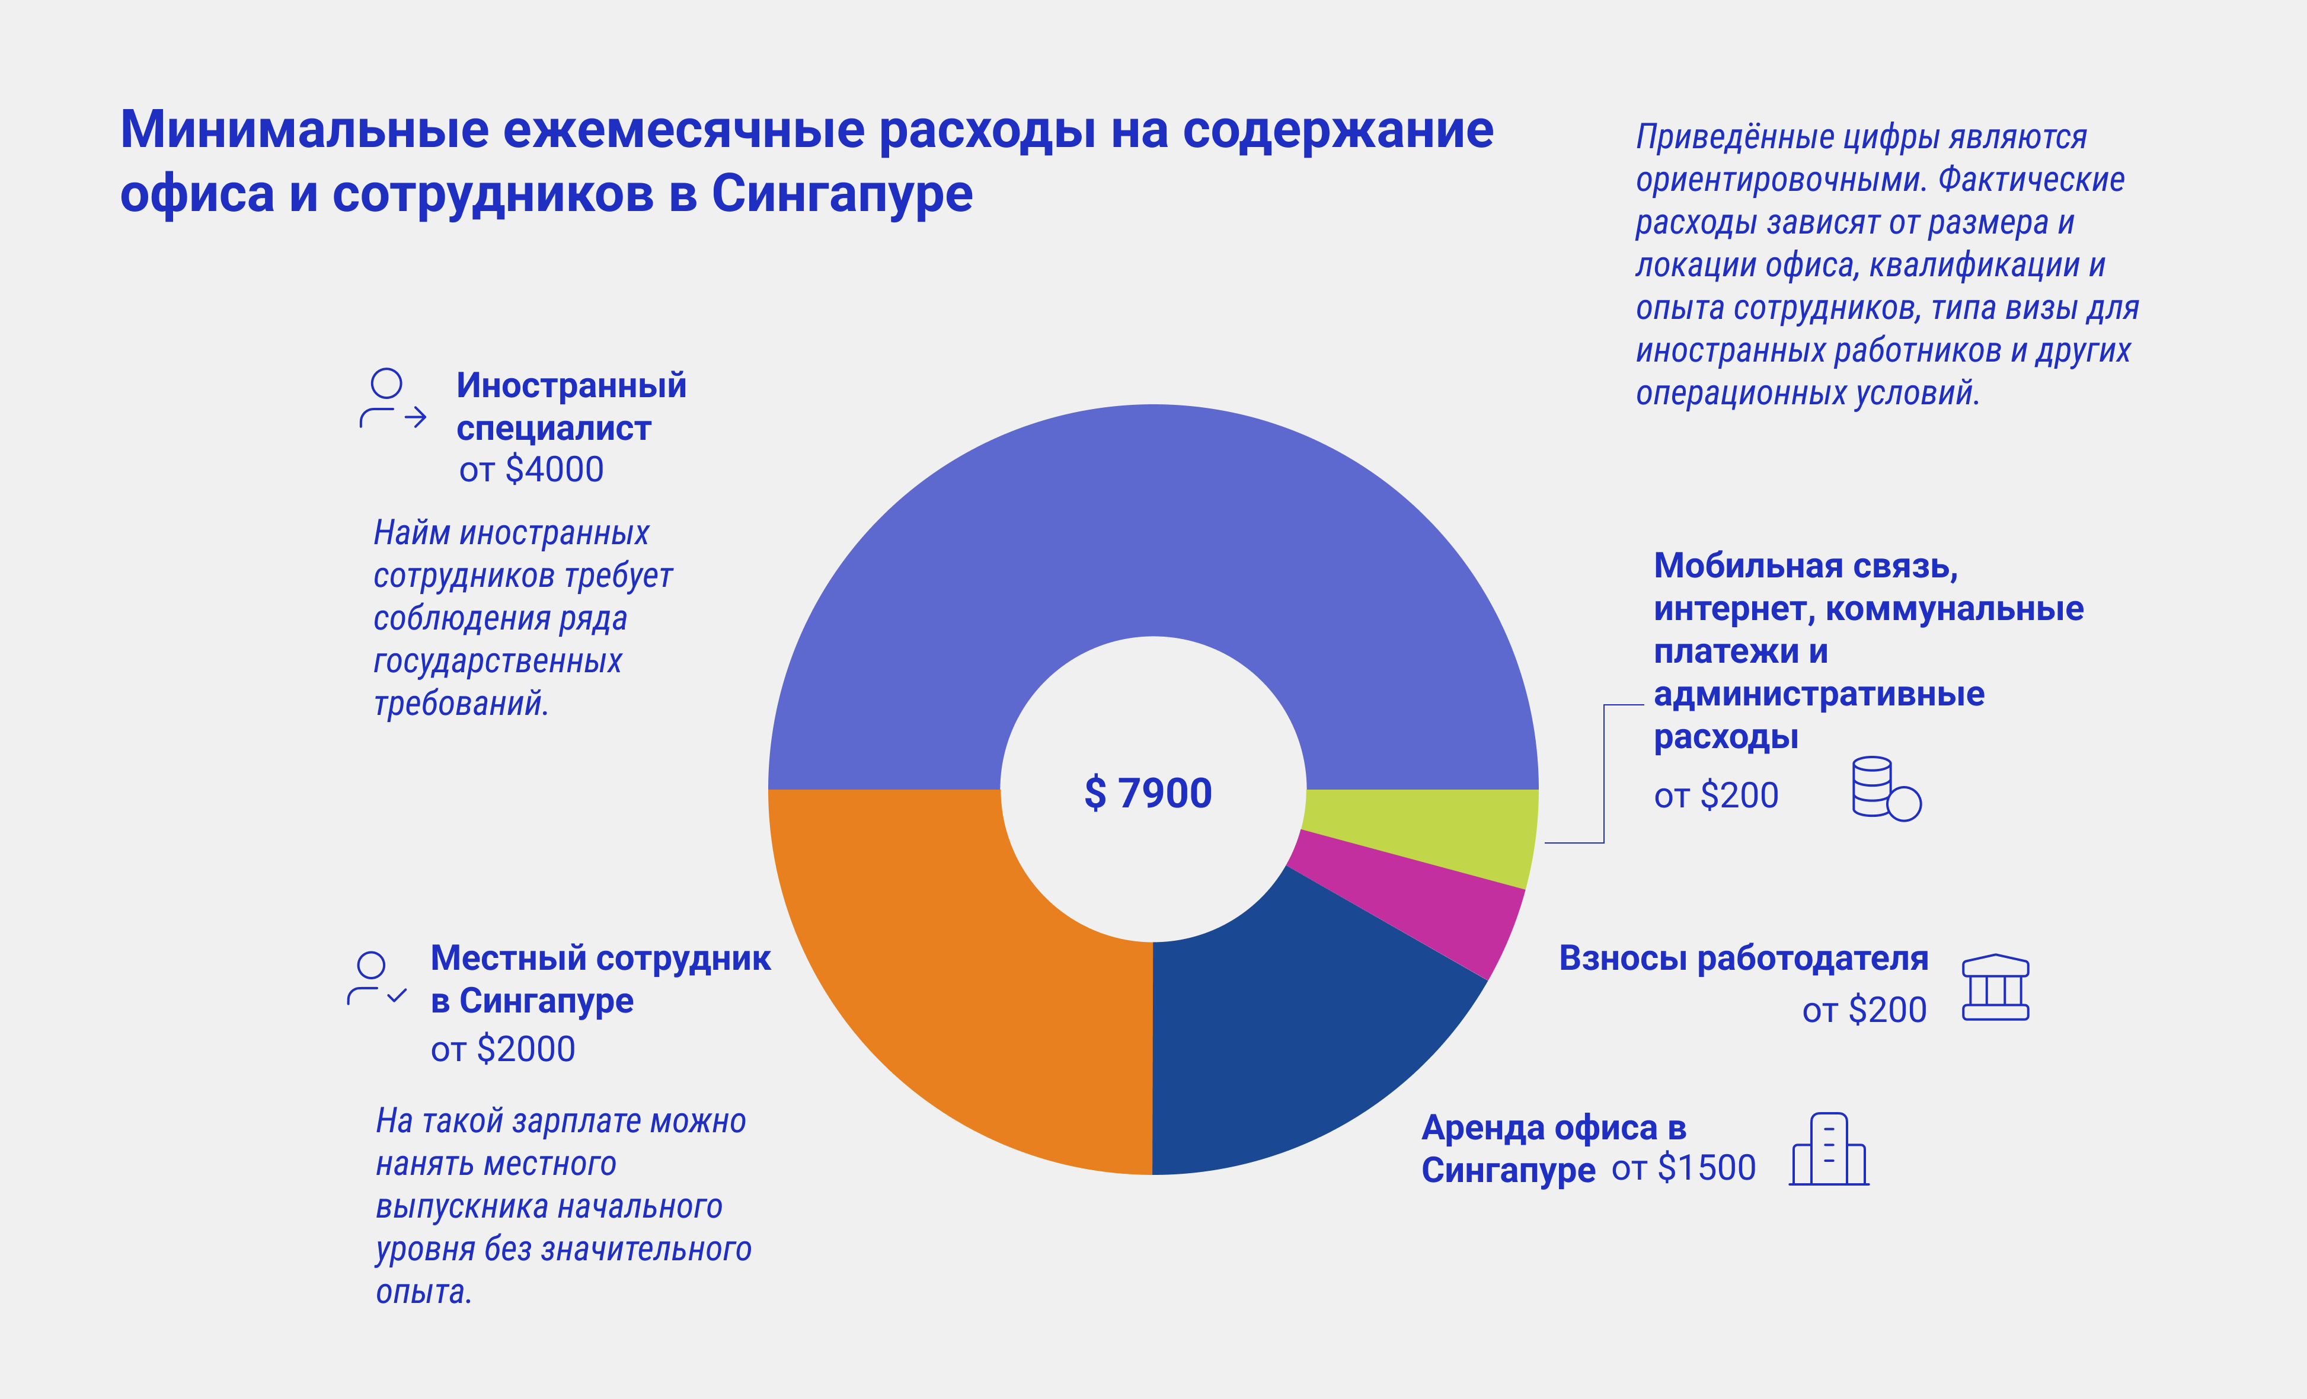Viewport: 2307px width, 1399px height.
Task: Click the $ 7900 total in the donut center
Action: [1148, 793]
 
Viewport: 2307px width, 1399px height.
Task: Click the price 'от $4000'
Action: [531, 469]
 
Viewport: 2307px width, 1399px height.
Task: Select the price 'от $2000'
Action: [503, 1049]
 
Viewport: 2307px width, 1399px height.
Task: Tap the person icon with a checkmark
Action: [376, 979]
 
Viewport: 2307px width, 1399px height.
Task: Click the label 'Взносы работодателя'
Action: [1743, 958]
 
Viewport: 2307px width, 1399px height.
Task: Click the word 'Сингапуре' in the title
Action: [842, 194]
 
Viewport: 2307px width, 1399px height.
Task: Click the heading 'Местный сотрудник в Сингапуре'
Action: [600, 979]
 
